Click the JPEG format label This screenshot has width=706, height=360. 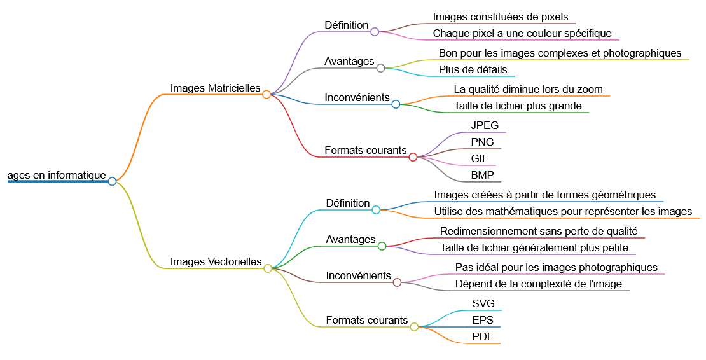pos(485,125)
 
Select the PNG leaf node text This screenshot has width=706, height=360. pos(482,142)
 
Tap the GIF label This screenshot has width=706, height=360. pos(480,158)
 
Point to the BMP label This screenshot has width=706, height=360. pos(482,175)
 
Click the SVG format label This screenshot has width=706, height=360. pos(483,303)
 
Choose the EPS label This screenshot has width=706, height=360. pos(483,320)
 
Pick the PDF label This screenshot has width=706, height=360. pos(483,336)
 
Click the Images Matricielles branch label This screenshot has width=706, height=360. pos(215,88)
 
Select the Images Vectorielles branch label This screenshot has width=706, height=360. pos(216,261)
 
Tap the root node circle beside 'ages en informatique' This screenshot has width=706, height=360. pos(112,181)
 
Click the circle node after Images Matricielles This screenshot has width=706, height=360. pos(266,94)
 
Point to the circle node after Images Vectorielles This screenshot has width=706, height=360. pos(268,268)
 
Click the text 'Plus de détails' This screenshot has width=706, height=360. pos(473,69)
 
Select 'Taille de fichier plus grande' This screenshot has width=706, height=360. pos(518,106)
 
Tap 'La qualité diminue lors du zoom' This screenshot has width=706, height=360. pos(528,89)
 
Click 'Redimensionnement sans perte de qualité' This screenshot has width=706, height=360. pos(539,231)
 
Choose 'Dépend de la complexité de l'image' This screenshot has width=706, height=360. pos(538,284)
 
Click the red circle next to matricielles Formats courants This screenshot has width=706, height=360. pos(413,156)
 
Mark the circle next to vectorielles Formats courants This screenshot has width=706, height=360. pos(414,327)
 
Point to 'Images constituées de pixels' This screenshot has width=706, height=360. pos(501,17)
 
